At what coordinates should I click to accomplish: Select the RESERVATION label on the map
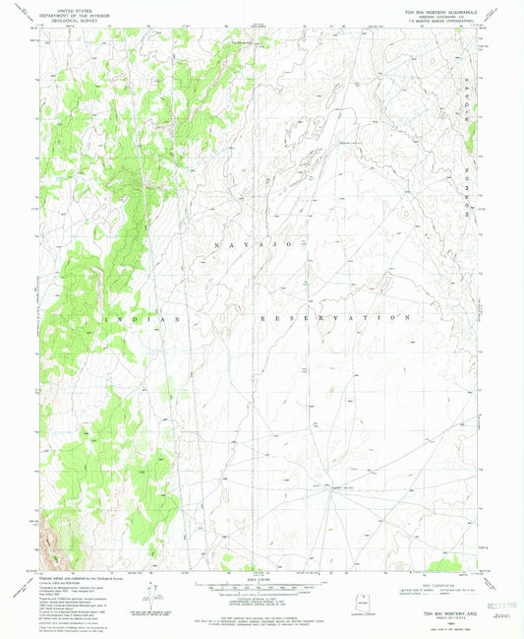pyautogui.click(x=334, y=319)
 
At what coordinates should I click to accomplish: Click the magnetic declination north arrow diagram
pyautogui.click(x=149, y=593)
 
